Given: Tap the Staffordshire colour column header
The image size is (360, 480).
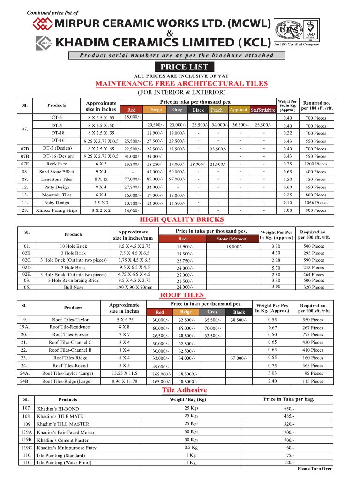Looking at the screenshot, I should (263, 110).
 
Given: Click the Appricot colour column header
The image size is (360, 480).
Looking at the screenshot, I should (238, 110).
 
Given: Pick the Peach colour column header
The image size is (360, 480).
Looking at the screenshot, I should (217, 110).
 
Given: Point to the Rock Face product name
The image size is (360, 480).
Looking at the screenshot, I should (56, 164).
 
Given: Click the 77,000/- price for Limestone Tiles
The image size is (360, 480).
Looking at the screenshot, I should (132, 180).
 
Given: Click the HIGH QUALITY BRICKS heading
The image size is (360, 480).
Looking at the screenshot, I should (182, 219).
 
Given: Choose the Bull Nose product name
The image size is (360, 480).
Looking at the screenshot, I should (74, 287).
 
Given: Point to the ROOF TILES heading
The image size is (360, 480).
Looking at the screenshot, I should (182, 295).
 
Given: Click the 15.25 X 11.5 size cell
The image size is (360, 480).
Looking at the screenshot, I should (124, 373).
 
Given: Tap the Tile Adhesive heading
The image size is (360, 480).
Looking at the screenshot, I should (184, 390).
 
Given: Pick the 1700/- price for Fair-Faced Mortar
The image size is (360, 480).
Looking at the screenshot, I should (288, 432).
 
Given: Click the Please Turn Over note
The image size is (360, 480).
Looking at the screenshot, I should (315, 469).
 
